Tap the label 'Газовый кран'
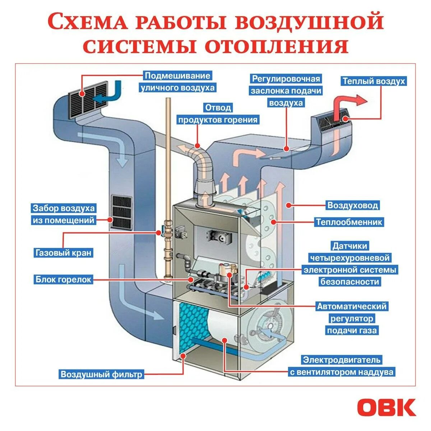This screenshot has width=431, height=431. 64,252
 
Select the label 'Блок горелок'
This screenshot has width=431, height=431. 64,279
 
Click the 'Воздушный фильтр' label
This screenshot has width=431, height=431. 101,374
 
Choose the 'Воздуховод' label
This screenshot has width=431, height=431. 352,205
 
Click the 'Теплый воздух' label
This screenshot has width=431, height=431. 374,81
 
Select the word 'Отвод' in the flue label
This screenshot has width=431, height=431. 218,108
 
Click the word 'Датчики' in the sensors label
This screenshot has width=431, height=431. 349,246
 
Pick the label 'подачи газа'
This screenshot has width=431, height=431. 352,330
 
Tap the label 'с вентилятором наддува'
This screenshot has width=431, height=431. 342,372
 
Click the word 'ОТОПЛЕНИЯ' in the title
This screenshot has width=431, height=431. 277,46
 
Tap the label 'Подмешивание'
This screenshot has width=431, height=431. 177,76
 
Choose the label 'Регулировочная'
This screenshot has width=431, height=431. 286,79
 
